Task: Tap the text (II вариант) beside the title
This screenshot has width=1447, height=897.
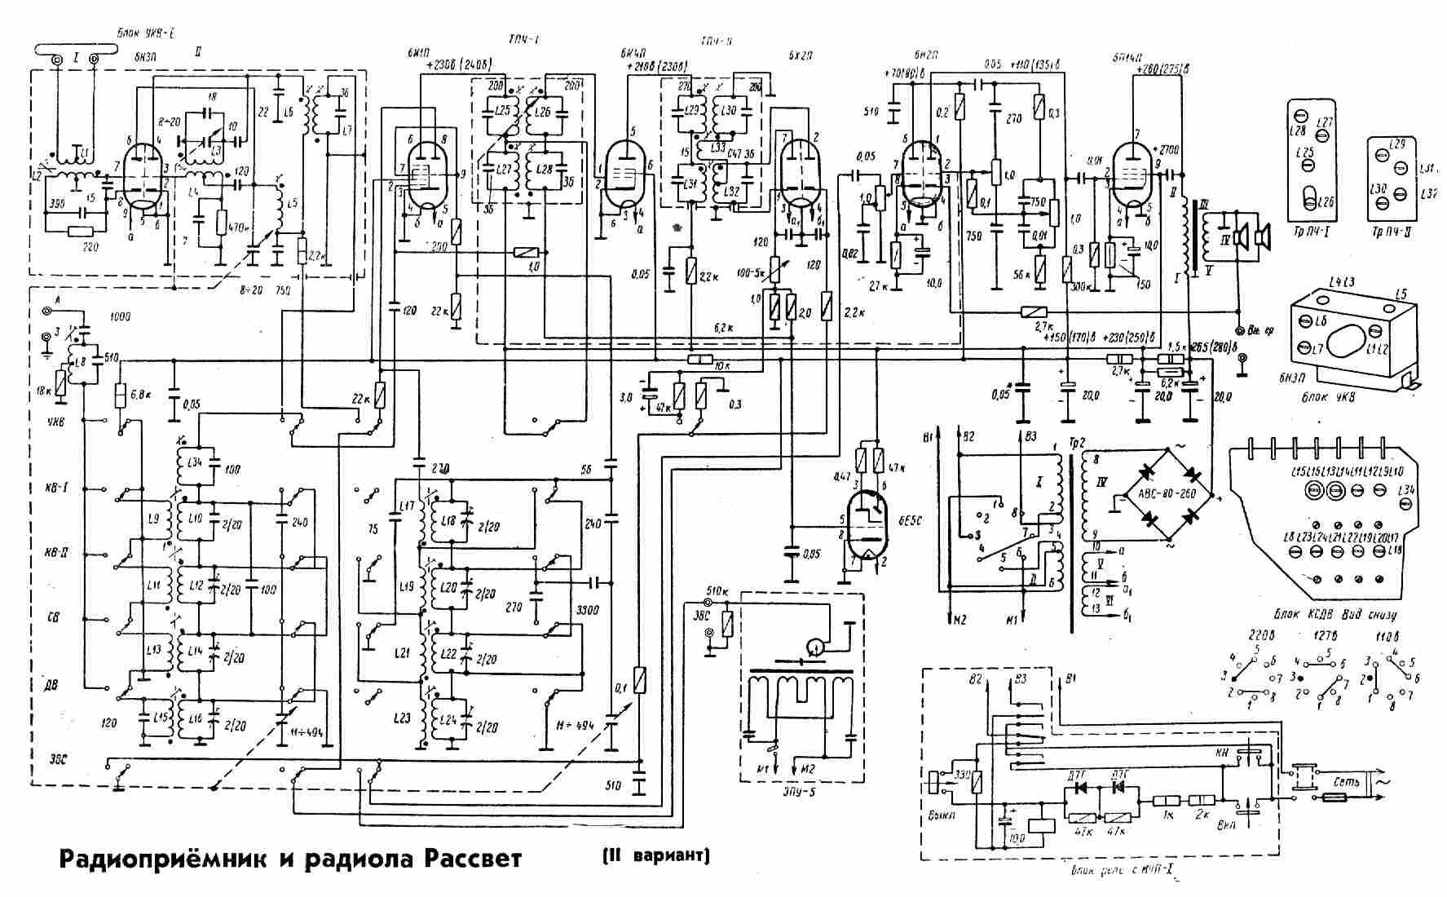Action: tap(656, 857)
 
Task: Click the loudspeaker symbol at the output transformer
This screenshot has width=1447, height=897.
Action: tap(1251, 237)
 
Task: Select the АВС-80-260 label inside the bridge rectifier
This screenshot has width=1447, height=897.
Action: tap(1161, 495)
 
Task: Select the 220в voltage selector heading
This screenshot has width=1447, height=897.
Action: tap(1249, 635)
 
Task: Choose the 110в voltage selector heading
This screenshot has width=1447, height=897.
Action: tap(1383, 635)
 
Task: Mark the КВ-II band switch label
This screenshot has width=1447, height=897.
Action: tap(56, 552)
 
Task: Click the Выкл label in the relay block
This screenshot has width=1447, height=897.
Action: tap(943, 815)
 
